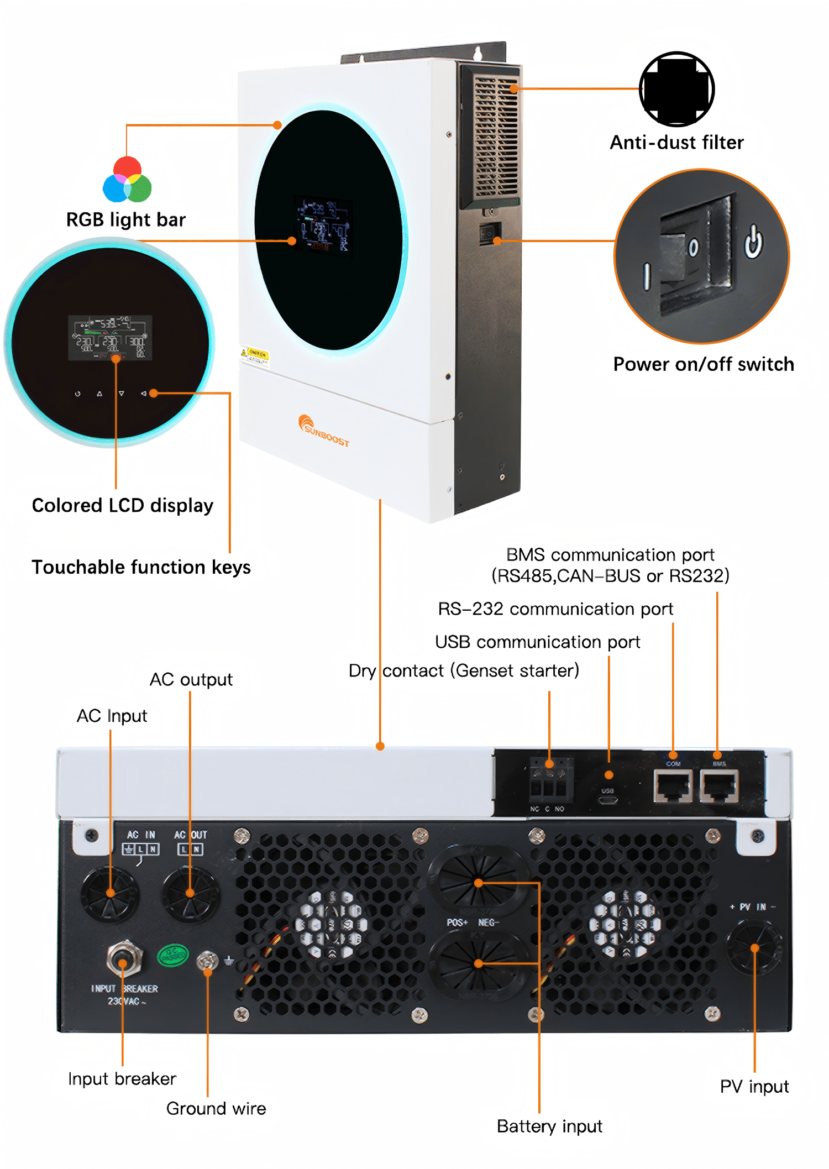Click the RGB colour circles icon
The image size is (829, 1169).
[x=127, y=180]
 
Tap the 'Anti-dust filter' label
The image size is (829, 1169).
[x=676, y=143]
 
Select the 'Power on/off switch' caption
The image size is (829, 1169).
[x=703, y=364]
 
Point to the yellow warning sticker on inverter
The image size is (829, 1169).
[x=255, y=355]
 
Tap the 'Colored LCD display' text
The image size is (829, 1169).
[x=123, y=505]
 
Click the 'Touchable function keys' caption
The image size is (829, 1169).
[x=141, y=567]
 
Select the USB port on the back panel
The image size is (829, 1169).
[x=608, y=799]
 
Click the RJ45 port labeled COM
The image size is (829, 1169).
[x=673, y=785]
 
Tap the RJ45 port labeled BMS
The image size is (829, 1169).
[x=719, y=785]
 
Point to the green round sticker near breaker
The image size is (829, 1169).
[x=173, y=955]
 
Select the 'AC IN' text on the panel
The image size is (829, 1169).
[x=141, y=835]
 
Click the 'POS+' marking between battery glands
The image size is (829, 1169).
[x=457, y=922]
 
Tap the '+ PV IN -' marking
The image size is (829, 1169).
[x=752, y=907]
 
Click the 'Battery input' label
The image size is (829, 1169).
[x=549, y=1126]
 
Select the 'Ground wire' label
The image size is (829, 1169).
[x=216, y=1108]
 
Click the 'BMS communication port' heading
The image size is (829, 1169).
[x=610, y=554]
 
